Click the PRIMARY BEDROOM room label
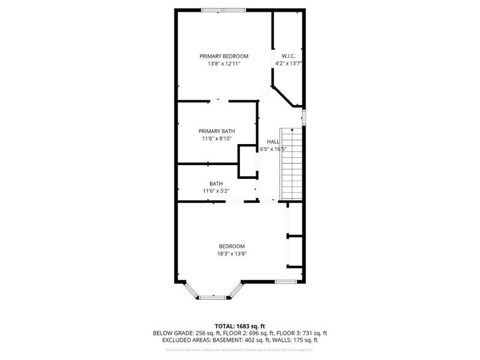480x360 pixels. tap(224, 56)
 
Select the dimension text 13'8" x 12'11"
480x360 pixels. tap(224, 63)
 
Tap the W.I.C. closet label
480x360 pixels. tap(288, 56)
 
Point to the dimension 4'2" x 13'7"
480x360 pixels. tap(288, 63)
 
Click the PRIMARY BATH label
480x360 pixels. tap(217, 131)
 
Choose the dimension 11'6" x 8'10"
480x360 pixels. tap(217, 139)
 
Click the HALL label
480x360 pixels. tap(273, 142)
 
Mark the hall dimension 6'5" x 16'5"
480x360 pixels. tap(273, 149)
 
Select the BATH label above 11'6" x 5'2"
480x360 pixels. tap(216, 184)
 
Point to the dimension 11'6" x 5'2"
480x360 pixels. tap(216, 191)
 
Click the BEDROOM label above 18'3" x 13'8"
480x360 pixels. tap(232, 246)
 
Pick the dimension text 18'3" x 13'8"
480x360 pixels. tap(232, 254)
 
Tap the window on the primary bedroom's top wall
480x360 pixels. tap(223, 10)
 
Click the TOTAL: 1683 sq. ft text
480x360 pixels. tap(240, 326)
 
